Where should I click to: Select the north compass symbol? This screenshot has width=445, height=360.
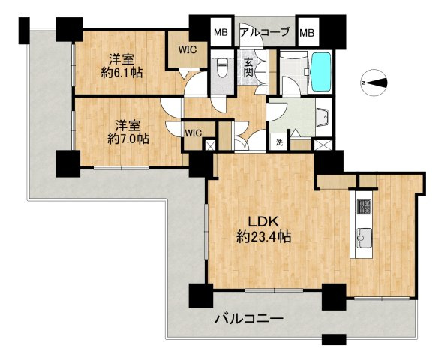coord(374,82)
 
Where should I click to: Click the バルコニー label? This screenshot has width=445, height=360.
coord(249,319)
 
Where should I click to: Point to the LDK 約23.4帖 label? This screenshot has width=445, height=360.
coord(264,229)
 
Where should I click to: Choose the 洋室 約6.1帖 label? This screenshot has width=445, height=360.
coord(122,67)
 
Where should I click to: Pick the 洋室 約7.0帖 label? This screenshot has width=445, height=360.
coord(128,133)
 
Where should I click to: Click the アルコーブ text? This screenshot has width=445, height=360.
coord(265,32)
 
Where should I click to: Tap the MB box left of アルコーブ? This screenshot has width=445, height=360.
coord(221,32)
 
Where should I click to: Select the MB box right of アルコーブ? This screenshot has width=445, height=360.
coord(308,32)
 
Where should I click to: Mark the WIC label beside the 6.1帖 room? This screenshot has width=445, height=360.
coord(188,50)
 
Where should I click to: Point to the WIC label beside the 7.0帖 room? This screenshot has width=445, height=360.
coord(194,133)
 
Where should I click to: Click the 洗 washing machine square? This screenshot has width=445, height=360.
coord(280,142)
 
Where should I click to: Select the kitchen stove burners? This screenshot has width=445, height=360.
coord(365,207)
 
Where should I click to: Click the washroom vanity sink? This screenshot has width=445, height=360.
coord(323,116)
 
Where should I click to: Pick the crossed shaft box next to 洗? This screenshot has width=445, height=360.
coord(323,145)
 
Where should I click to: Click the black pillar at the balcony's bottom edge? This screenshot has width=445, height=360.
coord(334,339)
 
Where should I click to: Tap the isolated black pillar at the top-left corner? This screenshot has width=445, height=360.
coord(24,31)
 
